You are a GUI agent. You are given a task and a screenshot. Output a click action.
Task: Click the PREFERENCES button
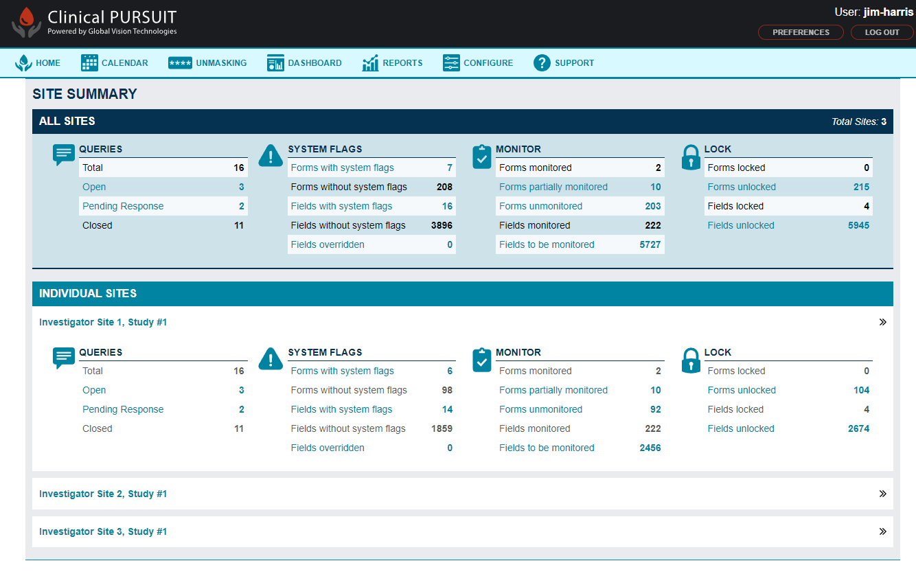(x=801, y=32)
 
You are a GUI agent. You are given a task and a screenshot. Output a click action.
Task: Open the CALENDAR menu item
(x=115, y=63)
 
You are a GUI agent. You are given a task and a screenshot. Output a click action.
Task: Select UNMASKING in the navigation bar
(x=207, y=63)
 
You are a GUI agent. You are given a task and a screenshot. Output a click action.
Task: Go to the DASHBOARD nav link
(x=304, y=63)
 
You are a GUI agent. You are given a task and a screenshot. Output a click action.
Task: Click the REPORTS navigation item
(x=392, y=63)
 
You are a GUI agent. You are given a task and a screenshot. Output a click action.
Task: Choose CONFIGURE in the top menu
(x=478, y=63)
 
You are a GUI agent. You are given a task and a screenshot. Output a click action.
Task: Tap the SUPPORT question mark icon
(x=542, y=63)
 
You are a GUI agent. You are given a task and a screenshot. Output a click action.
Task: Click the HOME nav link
(x=38, y=63)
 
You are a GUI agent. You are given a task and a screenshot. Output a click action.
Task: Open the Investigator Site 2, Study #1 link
(x=103, y=494)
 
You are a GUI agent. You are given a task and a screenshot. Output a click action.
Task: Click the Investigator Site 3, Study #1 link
(x=103, y=531)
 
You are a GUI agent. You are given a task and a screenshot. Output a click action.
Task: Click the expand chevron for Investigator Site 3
(x=883, y=531)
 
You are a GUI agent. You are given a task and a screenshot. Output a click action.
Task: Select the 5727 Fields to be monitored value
(x=650, y=244)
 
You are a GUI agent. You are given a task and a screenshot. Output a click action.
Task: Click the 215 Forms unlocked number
(x=861, y=187)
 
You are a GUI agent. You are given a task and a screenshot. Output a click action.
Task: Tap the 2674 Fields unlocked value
(x=858, y=428)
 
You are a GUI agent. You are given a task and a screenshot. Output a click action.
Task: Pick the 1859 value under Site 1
(x=442, y=428)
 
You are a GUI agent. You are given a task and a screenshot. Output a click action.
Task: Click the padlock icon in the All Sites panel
(x=691, y=157)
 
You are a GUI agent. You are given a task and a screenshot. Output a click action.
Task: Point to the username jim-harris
(x=889, y=12)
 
